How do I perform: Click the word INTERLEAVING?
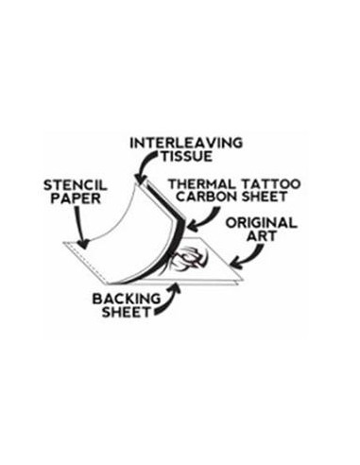click(186, 143)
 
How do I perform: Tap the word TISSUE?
click(187, 157)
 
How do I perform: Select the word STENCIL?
click(76, 185)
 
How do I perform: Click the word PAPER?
click(76, 198)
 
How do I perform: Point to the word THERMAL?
click(202, 184)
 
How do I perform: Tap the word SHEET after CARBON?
click(265, 197)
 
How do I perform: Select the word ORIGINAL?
click(261, 223)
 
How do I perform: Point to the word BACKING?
click(127, 299)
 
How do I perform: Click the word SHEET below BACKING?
click(127, 312)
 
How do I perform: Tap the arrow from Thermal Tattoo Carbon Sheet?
click(206, 220)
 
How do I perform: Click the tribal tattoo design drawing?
click(188, 260)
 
